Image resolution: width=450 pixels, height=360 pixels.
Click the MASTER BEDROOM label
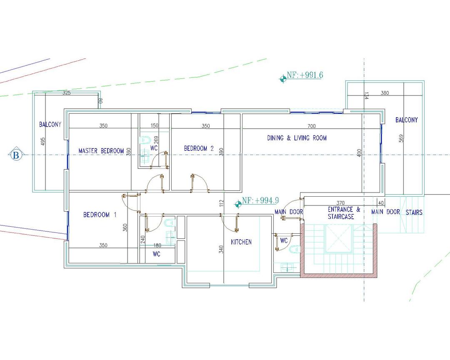tap(101, 151)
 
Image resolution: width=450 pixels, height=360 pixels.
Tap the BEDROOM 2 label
tap(199, 148)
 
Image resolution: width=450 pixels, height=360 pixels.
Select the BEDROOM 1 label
tap(100, 215)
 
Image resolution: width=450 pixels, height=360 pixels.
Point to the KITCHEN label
tap(241, 242)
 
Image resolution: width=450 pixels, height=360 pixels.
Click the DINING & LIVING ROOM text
tap(297, 138)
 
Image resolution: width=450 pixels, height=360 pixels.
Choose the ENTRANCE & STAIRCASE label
tap(344, 213)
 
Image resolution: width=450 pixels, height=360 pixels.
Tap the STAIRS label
tap(414, 212)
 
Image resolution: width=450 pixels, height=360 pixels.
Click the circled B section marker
tap(16, 155)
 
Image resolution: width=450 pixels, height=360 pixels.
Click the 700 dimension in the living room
tap(311, 126)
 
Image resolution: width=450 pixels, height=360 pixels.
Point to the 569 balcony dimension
tap(401, 138)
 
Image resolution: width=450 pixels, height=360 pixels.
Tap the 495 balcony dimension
tap(43, 141)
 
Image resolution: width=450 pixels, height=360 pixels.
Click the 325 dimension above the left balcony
tap(67, 93)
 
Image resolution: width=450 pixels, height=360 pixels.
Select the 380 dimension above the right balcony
tap(385, 93)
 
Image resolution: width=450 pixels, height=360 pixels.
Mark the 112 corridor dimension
tap(221, 203)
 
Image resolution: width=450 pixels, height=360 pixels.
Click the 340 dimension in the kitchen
tap(221, 249)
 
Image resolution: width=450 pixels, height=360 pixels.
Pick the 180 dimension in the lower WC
tap(157, 245)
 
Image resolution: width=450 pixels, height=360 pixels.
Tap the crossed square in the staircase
tap(338, 239)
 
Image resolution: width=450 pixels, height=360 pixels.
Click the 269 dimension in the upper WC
tap(156, 140)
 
